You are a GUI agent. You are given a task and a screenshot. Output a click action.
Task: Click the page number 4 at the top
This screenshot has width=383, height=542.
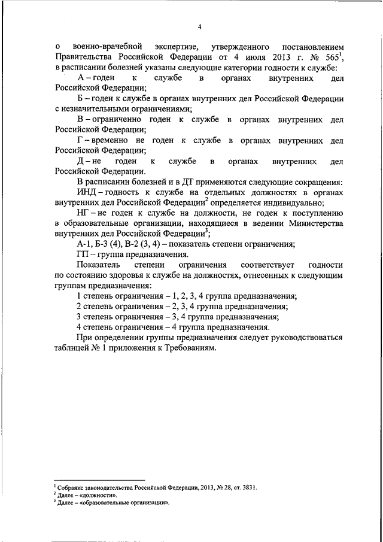tap(200, 26)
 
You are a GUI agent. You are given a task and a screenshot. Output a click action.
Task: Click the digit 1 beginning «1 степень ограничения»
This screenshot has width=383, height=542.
tap(80, 296)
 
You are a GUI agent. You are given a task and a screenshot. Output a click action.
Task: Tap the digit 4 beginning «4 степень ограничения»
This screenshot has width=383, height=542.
tap(80, 328)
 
